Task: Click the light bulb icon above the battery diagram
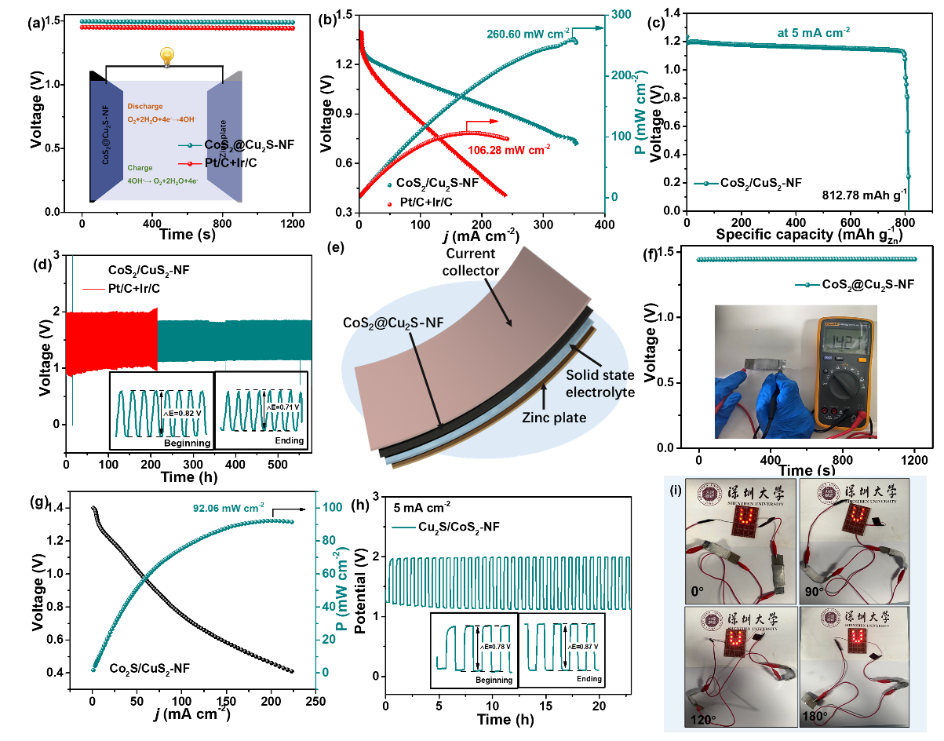(x=166, y=56)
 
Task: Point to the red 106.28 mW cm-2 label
(x=509, y=148)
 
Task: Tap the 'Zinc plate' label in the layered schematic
(x=554, y=418)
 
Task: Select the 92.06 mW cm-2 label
(x=228, y=506)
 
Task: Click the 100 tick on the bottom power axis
(x=331, y=507)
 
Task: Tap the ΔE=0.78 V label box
(x=495, y=647)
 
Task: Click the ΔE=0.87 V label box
(x=582, y=646)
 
